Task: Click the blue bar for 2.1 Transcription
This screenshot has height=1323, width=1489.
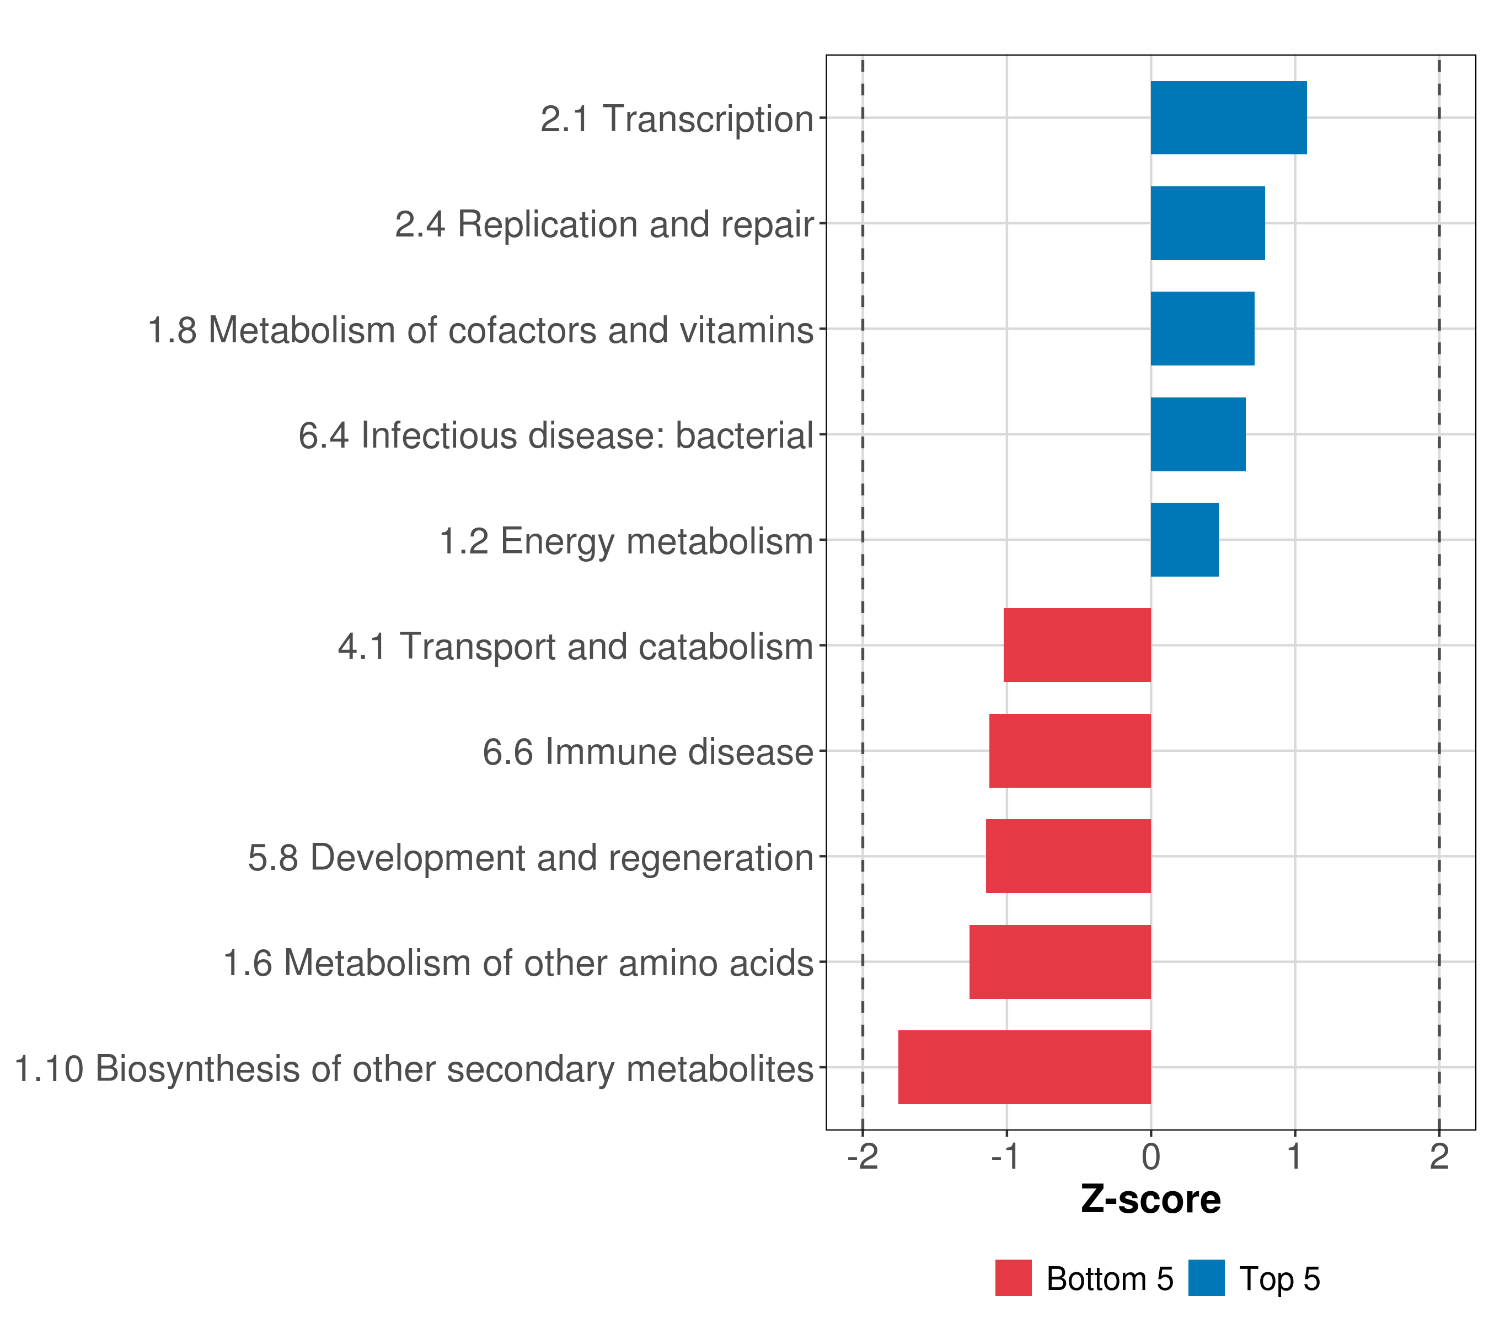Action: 1228,118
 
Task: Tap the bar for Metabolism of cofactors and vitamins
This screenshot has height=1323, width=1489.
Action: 1202,329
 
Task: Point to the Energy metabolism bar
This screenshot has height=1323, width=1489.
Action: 1184,540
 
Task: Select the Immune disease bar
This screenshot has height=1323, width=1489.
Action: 1069,751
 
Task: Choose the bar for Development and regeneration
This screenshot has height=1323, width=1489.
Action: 1068,856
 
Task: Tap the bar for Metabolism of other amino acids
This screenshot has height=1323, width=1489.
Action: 1059,961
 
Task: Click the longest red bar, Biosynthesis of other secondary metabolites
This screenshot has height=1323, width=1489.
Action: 1024,1067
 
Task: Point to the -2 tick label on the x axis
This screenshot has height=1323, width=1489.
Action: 863,1157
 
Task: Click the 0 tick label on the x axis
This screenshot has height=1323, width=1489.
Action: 1150,1157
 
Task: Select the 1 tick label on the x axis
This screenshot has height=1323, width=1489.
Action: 1294,1157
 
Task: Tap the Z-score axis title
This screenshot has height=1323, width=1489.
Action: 1150,1199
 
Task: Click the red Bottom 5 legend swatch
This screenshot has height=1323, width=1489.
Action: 1013,1278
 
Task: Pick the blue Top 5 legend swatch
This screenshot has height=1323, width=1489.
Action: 1206,1278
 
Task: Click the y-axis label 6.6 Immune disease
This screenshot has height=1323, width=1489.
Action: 647,752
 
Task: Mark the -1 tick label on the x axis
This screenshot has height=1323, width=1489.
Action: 1006,1157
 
